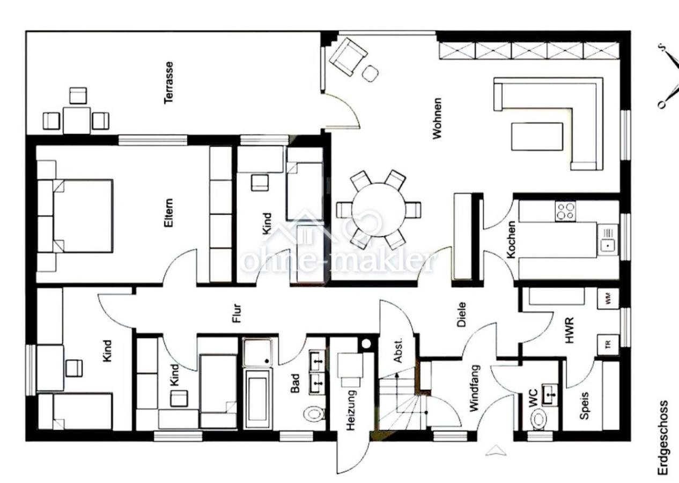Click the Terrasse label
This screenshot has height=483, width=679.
(x=168, y=83)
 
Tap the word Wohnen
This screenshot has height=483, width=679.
(x=437, y=118)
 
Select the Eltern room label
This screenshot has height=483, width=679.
(x=168, y=213)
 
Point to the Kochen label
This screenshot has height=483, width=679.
(x=511, y=240)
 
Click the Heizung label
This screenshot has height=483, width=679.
(x=350, y=410)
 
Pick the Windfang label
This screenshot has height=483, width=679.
(x=475, y=389)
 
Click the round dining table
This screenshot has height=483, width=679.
(x=379, y=210)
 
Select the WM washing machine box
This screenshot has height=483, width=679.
(x=608, y=298)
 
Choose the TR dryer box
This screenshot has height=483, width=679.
(x=608, y=345)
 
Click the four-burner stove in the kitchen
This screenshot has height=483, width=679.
(x=566, y=211)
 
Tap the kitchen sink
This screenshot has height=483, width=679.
(x=608, y=240)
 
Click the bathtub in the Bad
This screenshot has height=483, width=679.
(x=257, y=399)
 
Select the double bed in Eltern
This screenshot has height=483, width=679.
(x=83, y=216)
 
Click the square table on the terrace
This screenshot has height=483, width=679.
(x=77, y=120)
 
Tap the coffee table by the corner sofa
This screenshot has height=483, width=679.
(x=537, y=136)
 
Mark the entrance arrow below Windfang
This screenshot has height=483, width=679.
(x=496, y=450)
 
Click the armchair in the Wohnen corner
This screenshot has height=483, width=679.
(x=348, y=57)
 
